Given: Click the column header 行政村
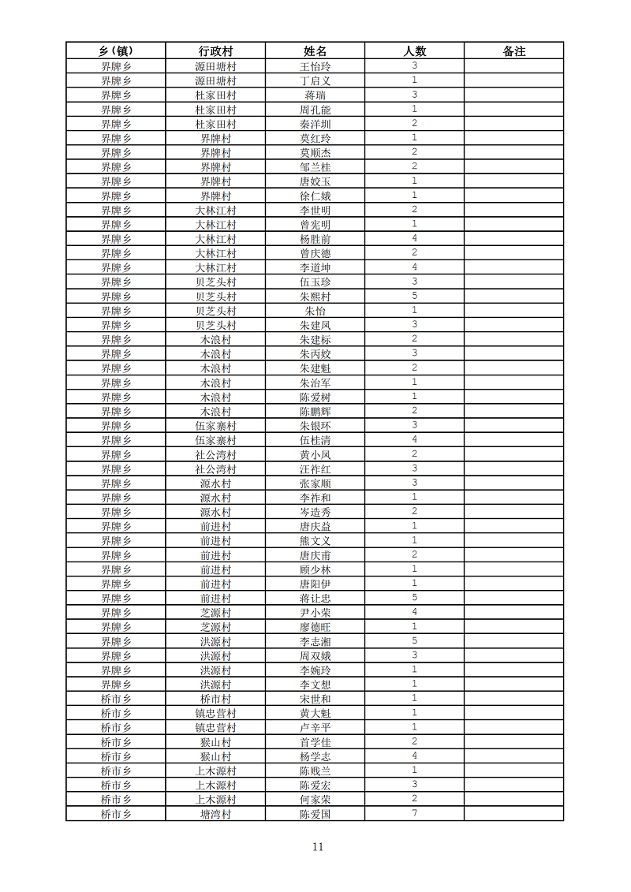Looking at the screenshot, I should click(x=215, y=51).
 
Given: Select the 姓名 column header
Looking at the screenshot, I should click(x=315, y=51).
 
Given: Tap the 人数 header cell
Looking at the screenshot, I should click(x=414, y=51).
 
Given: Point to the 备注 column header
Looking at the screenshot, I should click(x=513, y=51).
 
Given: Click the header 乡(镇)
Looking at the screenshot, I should click(x=116, y=51).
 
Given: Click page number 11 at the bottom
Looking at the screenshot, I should click(x=317, y=847).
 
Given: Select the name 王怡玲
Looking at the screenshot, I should click(x=315, y=66).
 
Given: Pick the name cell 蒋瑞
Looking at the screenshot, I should click(x=315, y=95).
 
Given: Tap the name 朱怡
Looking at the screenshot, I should click(x=315, y=311).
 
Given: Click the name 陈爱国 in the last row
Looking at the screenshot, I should click(x=315, y=814).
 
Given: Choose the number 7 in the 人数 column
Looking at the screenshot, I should click(x=414, y=813).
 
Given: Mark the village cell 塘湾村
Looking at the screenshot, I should click(x=215, y=814).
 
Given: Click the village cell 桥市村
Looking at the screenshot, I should click(x=215, y=699).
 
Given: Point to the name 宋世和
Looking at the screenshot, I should click(x=315, y=699).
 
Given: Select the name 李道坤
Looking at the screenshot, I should click(x=315, y=267).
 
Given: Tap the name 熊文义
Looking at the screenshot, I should click(x=315, y=541).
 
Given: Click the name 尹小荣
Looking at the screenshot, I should click(x=315, y=613).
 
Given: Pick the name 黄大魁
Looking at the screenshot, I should click(x=315, y=713).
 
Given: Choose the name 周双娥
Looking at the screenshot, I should click(x=315, y=656).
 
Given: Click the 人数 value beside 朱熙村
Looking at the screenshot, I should click(x=414, y=296).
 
